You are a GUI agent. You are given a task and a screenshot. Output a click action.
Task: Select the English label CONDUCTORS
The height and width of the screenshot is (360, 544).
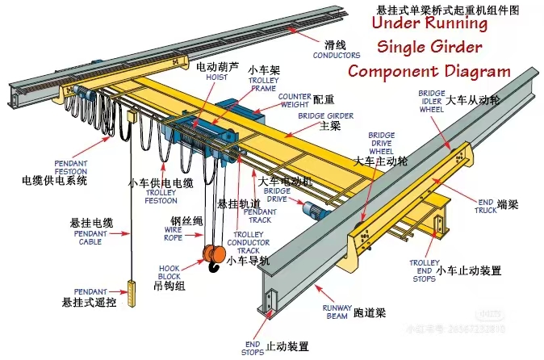tap(337, 56)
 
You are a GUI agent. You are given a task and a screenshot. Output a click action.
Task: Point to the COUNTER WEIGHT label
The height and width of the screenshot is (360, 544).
tap(295, 101)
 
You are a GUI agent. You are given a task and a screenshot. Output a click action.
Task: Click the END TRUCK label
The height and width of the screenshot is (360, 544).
tap(485, 207)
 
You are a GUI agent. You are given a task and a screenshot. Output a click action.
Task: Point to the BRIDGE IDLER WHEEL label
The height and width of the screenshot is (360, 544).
tap(430, 101)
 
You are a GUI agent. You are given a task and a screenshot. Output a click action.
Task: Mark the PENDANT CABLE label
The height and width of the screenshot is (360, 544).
tap(90, 237)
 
